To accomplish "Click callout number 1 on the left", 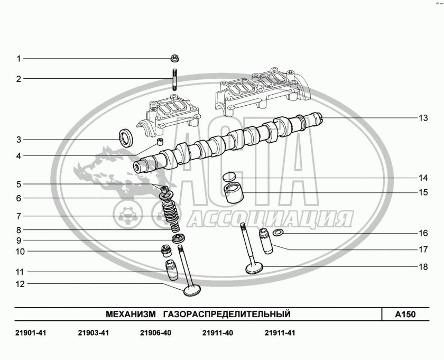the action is pos(18,59).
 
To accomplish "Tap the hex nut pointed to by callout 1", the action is pos(175,59).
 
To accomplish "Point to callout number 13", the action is pos(423,118).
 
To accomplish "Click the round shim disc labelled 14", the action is pos(229,177).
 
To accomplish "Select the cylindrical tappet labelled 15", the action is pos(234,193).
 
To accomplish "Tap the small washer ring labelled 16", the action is pos(278,233).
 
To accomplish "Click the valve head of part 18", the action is pos(254,268).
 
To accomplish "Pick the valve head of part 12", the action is pos(192,291).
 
